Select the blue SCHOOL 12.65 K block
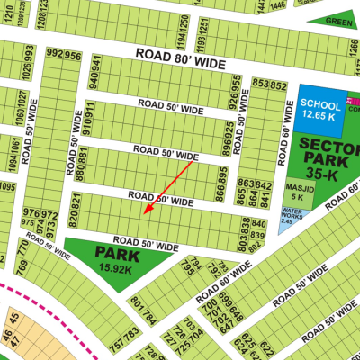(320, 108)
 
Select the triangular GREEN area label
(338, 21)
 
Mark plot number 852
(276, 84)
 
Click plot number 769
(23, 268)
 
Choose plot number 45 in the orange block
(8, 338)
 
